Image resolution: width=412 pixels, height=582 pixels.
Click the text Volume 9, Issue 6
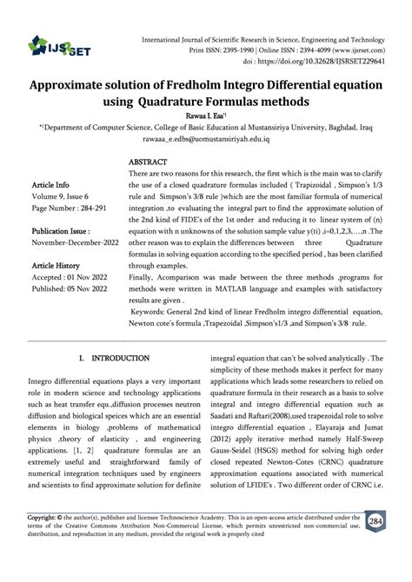click(x=66, y=197)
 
